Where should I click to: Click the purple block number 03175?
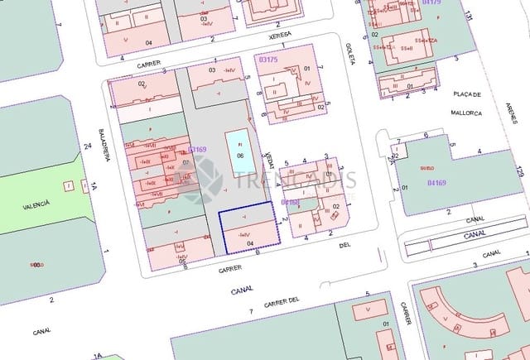[268, 60]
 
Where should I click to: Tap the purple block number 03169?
[197, 150]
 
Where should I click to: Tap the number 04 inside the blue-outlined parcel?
[250, 243]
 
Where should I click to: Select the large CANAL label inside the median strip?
[475, 235]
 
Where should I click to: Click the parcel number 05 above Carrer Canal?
[181, 261]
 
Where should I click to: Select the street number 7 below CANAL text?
[251, 310]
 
